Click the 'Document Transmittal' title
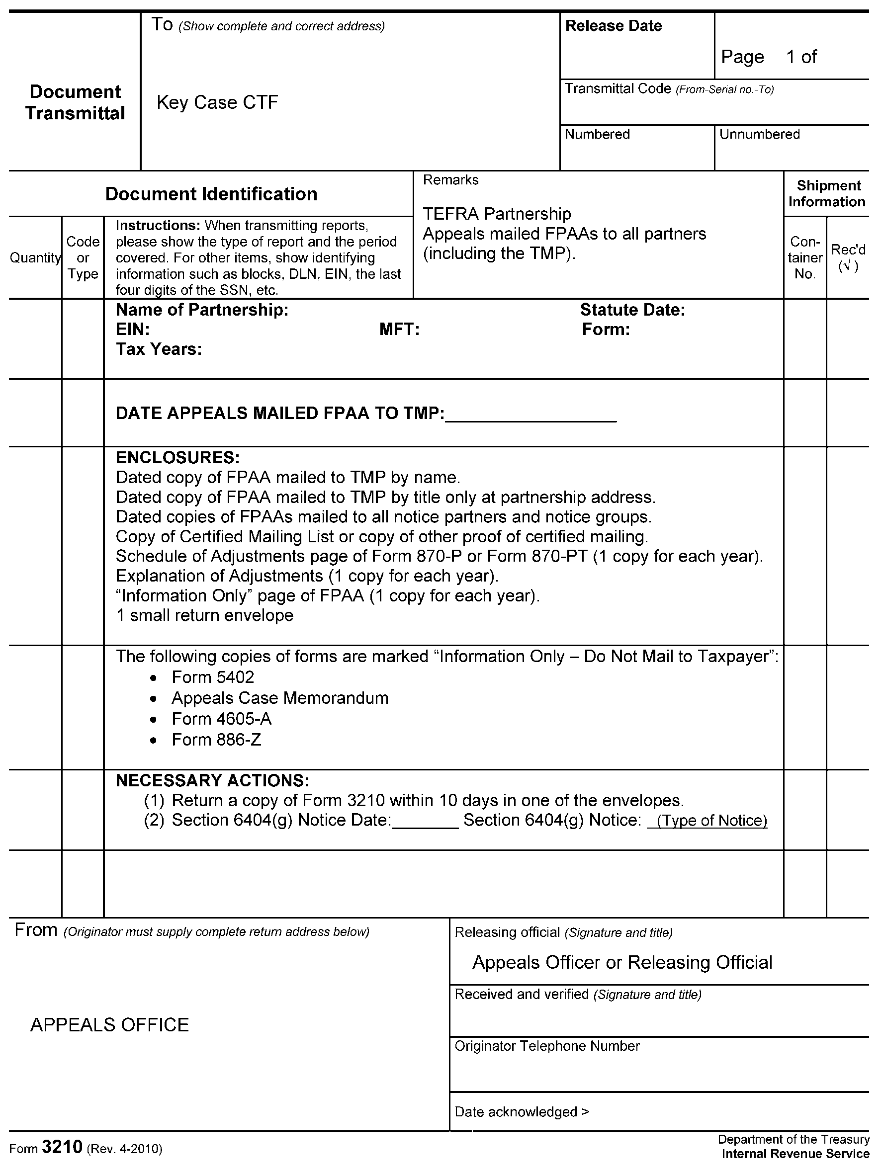75,102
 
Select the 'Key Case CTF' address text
217,102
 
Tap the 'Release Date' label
613,26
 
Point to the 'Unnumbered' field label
759,134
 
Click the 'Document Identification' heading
211,194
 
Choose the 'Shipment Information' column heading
827,193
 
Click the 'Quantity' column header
35,257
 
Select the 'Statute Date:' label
632,310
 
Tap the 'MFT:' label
399,330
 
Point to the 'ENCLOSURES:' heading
177,457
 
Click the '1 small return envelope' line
204,615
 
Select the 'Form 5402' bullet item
212,677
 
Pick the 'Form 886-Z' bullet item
216,740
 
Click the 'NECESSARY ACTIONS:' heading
212,780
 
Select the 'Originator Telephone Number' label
547,1046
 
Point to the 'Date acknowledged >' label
522,1112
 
